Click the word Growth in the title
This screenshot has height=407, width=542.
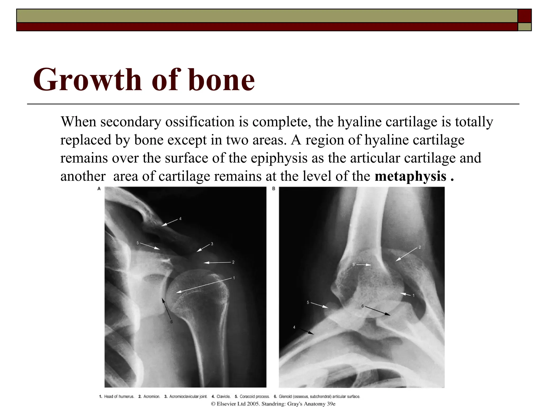point(87,79)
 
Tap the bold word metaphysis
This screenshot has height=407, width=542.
point(410,176)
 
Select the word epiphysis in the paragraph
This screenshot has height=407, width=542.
point(279,158)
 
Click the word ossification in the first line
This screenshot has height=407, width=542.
point(200,122)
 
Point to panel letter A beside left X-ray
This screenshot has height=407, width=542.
point(99,189)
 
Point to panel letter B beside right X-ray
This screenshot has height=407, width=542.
point(274,189)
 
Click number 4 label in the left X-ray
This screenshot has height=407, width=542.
point(180,219)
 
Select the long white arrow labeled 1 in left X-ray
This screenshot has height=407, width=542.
point(204,285)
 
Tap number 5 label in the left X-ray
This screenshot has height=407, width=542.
point(138,243)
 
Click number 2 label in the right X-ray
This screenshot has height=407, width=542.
point(420,247)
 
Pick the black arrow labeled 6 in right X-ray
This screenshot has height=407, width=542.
point(378,311)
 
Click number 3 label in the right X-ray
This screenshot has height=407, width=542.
point(353,264)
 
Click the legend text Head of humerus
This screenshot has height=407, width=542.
point(119,397)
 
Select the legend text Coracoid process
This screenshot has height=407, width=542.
point(254,397)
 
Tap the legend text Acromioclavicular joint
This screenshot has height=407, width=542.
point(188,397)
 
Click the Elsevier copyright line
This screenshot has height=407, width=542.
point(273,404)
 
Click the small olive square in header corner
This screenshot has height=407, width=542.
point(524,27)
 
